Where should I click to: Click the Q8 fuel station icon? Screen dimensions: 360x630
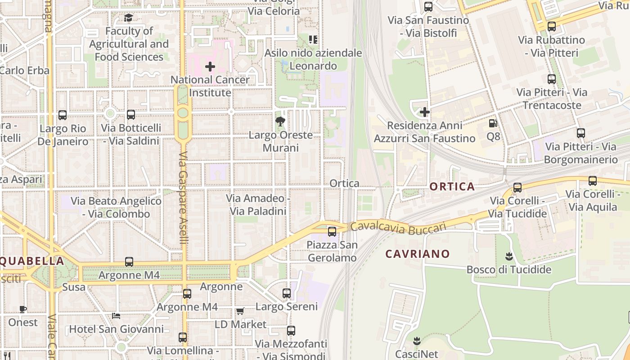pyautogui.click(x=493, y=123)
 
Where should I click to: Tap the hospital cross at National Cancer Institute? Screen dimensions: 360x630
pyautogui.click(x=210, y=67)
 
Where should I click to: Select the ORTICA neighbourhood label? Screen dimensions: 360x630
pyautogui.click(x=452, y=186)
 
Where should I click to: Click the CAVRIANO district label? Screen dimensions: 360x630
pyautogui.click(x=417, y=254)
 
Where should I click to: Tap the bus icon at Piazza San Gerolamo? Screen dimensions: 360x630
pyautogui.click(x=332, y=232)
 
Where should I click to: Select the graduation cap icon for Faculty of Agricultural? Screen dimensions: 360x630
pyautogui.click(x=129, y=18)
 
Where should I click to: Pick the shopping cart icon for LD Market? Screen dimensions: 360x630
pyautogui.click(x=240, y=311)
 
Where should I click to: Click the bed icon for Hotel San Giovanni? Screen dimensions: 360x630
pyautogui.click(x=116, y=316)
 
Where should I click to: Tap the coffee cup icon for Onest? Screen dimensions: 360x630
pyautogui.click(x=23, y=309)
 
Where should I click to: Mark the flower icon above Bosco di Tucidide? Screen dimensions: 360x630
pyautogui.click(x=509, y=256)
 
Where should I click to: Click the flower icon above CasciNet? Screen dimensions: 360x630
pyautogui.click(x=417, y=341)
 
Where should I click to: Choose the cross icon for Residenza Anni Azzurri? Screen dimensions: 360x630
pyautogui.click(x=424, y=112)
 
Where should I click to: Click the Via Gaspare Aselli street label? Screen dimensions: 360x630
pyautogui.click(x=184, y=198)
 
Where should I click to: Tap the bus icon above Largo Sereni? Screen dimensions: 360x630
pyautogui.click(x=287, y=293)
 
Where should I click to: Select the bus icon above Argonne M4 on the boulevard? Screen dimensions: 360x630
pyautogui.click(x=129, y=262)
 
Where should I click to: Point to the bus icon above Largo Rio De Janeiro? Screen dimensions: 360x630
pyautogui.click(x=63, y=115)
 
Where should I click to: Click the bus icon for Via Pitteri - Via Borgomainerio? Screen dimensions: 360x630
pyautogui.click(x=581, y=133)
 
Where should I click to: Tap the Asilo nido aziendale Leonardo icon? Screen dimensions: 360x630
pyautogui.click(x=313, y=40)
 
